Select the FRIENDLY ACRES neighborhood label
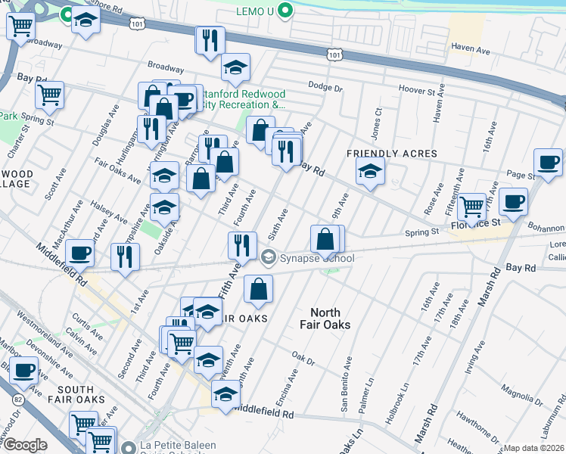[392, 154]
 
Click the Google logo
[24, 445]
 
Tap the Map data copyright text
[534, 448]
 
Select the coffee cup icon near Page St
[547, 161]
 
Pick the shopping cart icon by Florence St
[471, 205]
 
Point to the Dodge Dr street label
[326, 87]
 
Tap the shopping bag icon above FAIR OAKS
[258, 288]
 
